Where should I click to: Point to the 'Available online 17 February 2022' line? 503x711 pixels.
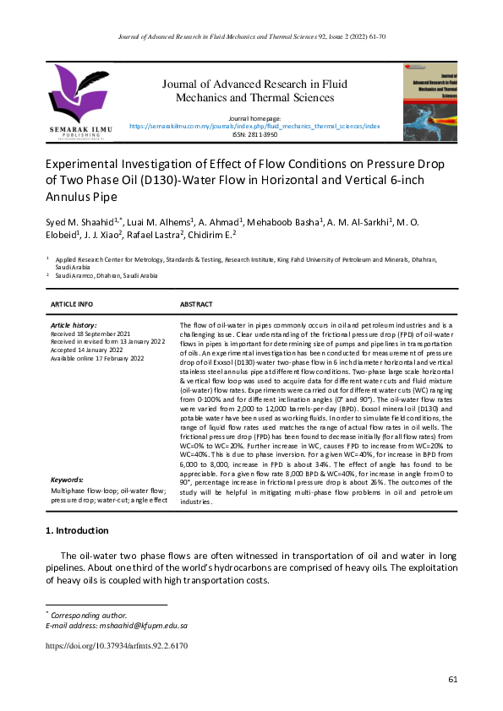click(x=97, y=358)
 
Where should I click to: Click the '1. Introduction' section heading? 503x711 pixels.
click(x=76, y=530)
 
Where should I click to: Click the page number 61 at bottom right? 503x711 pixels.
click(x=453, y=679)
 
